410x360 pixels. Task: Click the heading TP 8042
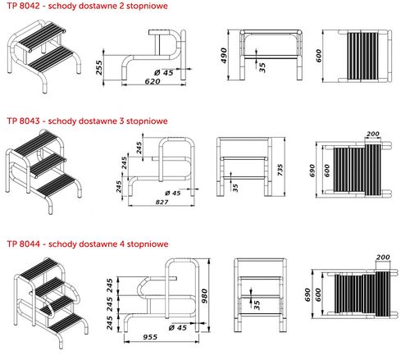click(24, 6)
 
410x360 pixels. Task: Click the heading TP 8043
click(24, 121)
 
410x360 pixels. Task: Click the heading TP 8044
click(24, 244)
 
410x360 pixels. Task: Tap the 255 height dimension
click(99, 67)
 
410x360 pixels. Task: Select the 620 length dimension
click(153, 81)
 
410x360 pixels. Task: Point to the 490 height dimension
click(224, 56)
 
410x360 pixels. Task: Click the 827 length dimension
click(162, 202)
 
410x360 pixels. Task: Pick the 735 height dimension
click(280, 170)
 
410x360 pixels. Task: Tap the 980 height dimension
click(204, 296)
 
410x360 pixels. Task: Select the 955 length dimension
click(150, 337)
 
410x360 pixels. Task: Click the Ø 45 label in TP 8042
click(164, 72)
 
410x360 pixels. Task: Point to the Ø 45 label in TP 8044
click(178, 327)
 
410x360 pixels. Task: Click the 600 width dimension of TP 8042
click(318, 56)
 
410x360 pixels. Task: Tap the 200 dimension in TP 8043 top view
click(373, 134)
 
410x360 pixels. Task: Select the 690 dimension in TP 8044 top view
click(307, 295)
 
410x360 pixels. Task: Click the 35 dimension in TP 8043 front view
click(235, 188)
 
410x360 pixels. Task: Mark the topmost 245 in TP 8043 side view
click(139, 148)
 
